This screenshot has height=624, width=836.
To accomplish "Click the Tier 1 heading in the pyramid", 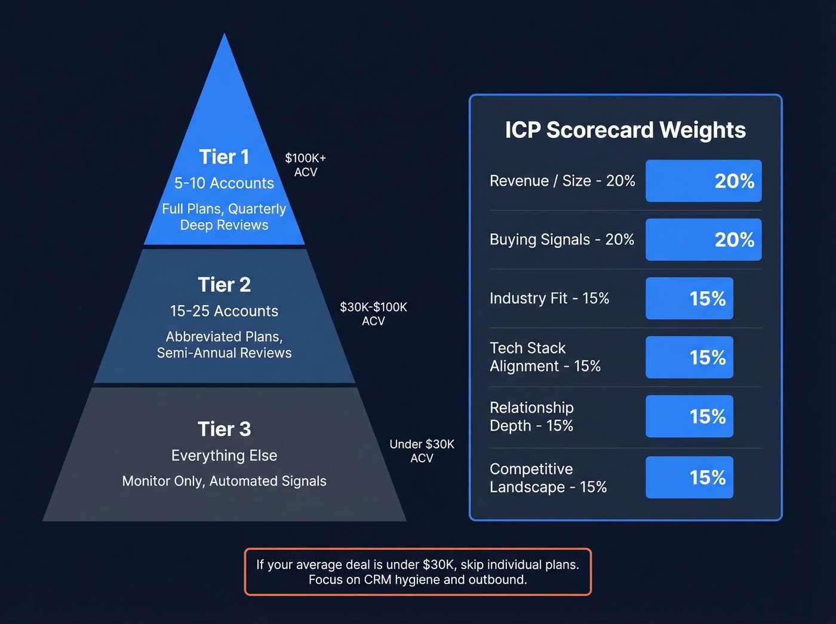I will point(224,156).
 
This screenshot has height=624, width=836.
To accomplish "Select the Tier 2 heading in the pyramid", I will point(224,284).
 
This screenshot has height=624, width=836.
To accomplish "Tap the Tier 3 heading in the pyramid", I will point(224,429).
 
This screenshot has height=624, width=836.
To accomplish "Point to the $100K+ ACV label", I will point(305,165).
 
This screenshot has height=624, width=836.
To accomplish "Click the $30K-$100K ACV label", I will point(373,313).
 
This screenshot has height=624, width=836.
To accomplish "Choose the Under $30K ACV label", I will point(422,451).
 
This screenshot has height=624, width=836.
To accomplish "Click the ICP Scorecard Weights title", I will point(625,130).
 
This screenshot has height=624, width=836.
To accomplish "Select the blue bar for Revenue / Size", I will point(703,180).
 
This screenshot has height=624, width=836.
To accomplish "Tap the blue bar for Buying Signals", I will point(703,239).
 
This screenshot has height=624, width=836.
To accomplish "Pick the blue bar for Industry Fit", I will point(689,298).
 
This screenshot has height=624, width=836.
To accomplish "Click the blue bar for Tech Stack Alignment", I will point(689,357).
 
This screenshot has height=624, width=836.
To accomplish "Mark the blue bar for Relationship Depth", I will point(689,416).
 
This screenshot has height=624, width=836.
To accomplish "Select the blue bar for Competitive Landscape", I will point(689,477).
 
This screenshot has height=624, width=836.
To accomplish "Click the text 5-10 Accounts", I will point(224,183).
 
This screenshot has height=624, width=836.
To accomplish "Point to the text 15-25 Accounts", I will point(224,311).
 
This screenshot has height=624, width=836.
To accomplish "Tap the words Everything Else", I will point(224,456).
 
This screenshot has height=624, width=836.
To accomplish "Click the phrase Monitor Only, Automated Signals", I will point(224,481).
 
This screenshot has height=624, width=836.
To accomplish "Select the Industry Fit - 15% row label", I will point(549,298).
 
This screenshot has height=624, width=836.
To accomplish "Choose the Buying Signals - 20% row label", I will point(561,239).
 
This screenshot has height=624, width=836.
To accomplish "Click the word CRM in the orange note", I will point(377,580).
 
